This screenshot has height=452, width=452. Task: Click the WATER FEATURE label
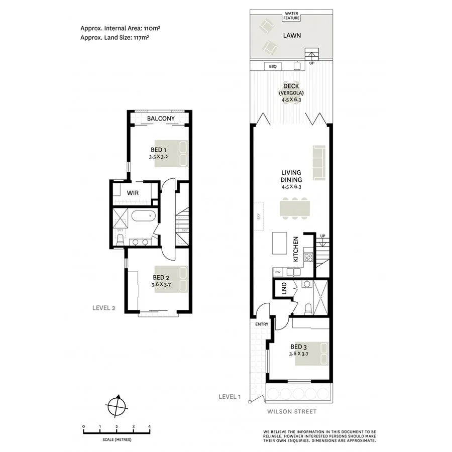(x=292, y=16)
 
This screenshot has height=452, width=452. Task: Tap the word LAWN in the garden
(x=292, y=36)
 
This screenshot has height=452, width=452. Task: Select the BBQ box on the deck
(x=273, y=66)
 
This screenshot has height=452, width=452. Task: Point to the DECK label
(x=291, y=86)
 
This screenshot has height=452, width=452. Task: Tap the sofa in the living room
(x=317, y=163)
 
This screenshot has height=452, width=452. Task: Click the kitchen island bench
(x=279, y=243)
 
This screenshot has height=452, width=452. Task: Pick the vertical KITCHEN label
(x=296, y=249)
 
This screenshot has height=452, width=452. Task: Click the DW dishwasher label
(x=278, y=272)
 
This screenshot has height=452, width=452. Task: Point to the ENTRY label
(x=262, y=324)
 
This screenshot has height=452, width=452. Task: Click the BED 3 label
(x=298, y=347)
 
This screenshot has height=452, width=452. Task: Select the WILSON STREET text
(x=291, y=412)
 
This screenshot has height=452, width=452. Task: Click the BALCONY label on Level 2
(x=161, y=119)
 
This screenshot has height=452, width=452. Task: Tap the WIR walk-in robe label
(x=133, y=193)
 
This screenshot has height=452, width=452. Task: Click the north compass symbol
(x=117, y=404)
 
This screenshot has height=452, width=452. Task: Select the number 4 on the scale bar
(x=150, y=426)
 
